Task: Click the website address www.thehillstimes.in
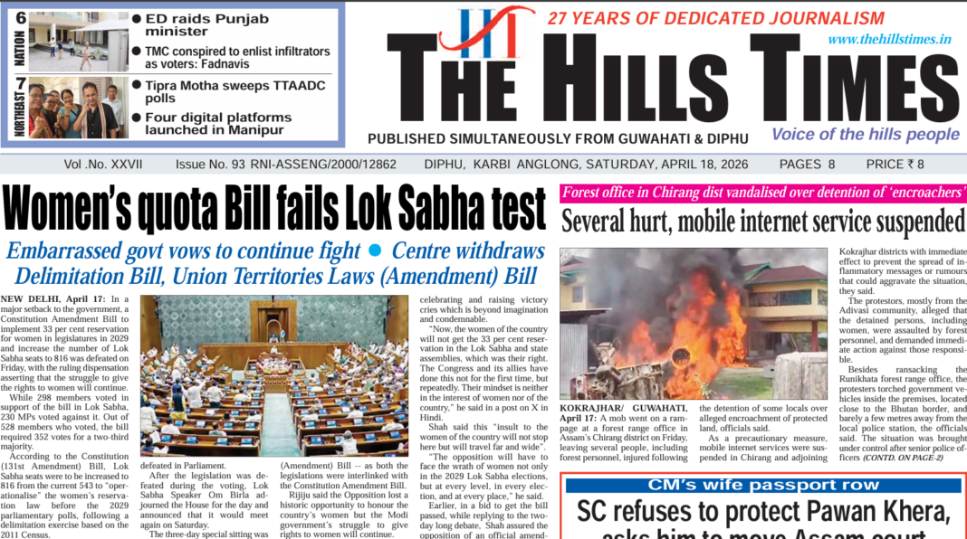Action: click(889, 39)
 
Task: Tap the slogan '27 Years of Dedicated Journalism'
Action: click(715, 18)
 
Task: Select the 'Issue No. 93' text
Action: click(210, 165)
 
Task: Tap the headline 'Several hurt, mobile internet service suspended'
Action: click(762, 221)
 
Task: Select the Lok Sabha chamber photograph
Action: click(273, 375)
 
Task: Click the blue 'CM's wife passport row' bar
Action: click(762, 485)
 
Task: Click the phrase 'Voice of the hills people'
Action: click(865, 135)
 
